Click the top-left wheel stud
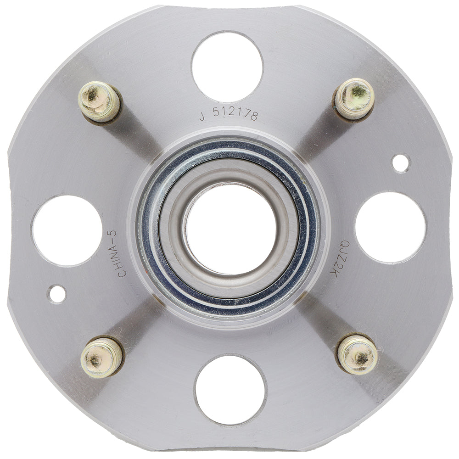99,101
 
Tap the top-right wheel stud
354,99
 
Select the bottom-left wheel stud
101,357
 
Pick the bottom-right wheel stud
358,354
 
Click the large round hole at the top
227,67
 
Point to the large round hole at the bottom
230,390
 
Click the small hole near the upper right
401,163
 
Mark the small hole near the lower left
57,294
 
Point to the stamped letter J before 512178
202,117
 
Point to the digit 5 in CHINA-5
113,233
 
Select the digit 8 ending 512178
254,116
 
